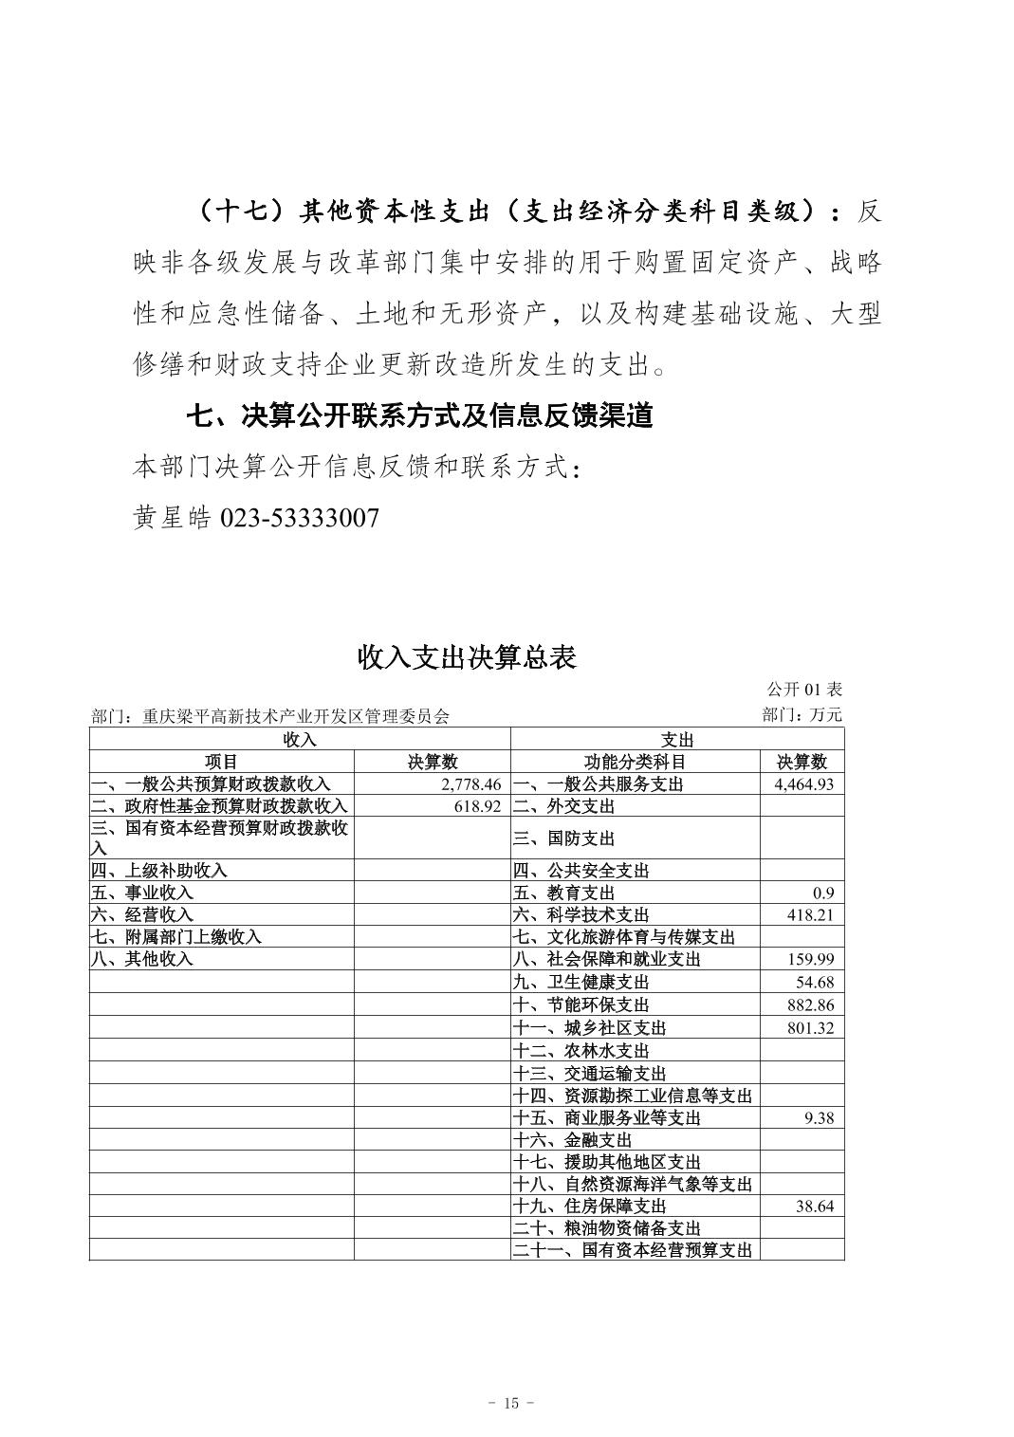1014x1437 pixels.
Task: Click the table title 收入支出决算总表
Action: tap(467, 657)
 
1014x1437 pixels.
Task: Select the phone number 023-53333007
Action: tap(300, 518)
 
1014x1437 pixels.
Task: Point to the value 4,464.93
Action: tap(803, 784)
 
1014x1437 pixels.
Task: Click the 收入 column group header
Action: tap(300, 740)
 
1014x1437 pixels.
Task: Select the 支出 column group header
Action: tap(677, 740)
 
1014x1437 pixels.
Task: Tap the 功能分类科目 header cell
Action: tap(635, 762)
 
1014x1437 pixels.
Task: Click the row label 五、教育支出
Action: tap(563, 893)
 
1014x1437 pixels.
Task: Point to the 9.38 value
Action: tap(818, 1117)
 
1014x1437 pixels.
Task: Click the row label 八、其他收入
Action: tap(142, 959)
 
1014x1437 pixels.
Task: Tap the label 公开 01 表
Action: tap(804, 690)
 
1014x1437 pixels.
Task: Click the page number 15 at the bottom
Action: tap(510, 1404)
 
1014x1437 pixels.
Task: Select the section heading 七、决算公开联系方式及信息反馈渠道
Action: tap(418, 415)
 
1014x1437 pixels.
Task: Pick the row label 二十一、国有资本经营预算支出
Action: tap(632, 1251)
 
